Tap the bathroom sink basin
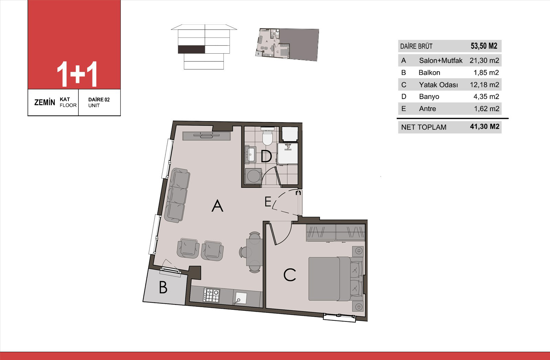coord(251,154)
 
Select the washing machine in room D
coord(253,176)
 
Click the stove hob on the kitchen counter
coord(211,295)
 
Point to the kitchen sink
coord(239,298)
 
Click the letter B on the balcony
coord(163,287)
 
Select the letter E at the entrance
coord(268,202)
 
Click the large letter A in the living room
coord(217,206)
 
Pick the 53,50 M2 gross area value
coord(484,46)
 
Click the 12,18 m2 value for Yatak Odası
coord(484,85)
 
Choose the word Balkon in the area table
coord(429,73)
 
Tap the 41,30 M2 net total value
coord(485,127)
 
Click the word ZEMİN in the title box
coord(45,102)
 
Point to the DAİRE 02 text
coord(99,99)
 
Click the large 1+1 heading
coord(77,74)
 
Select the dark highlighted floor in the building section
coord(191,50)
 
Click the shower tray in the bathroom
coord(287,153)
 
